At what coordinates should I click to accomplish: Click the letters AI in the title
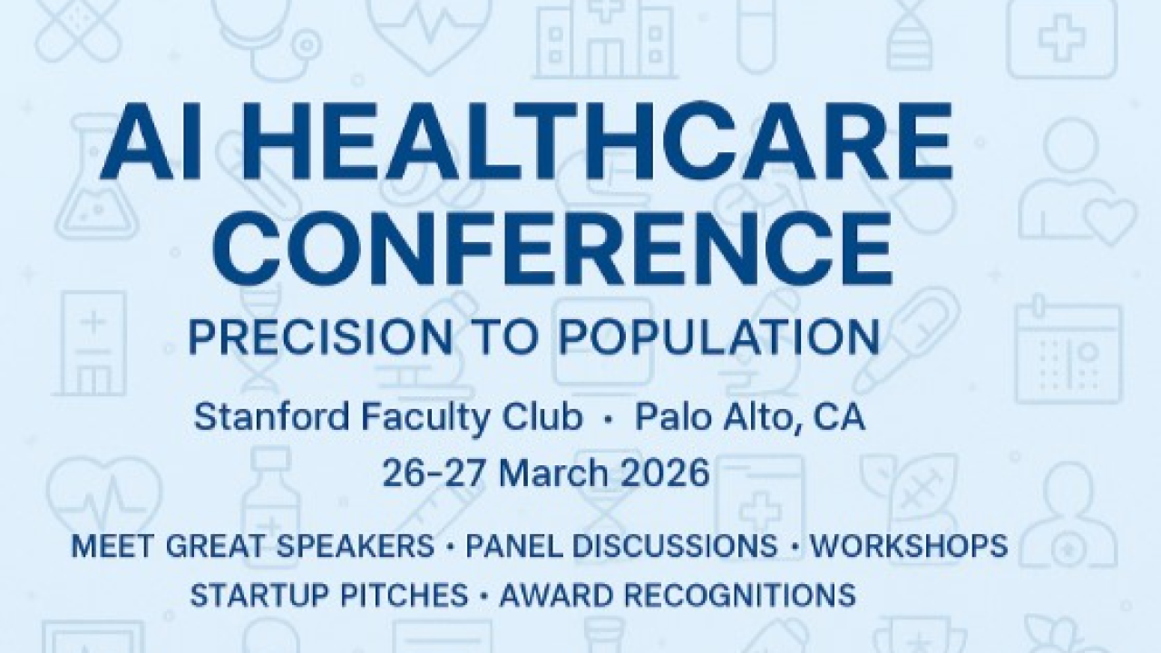click(153, 141)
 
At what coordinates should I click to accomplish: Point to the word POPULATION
click(718, 336)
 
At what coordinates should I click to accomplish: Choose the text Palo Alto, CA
click(750, 418)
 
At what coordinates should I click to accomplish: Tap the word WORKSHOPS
click(909, 546)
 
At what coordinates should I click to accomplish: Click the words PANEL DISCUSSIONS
click(621, 546)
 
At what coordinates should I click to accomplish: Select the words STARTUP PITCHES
click(329, 594)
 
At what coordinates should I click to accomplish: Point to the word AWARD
click(556, 594)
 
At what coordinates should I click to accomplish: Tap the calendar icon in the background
click(1068, 350)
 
